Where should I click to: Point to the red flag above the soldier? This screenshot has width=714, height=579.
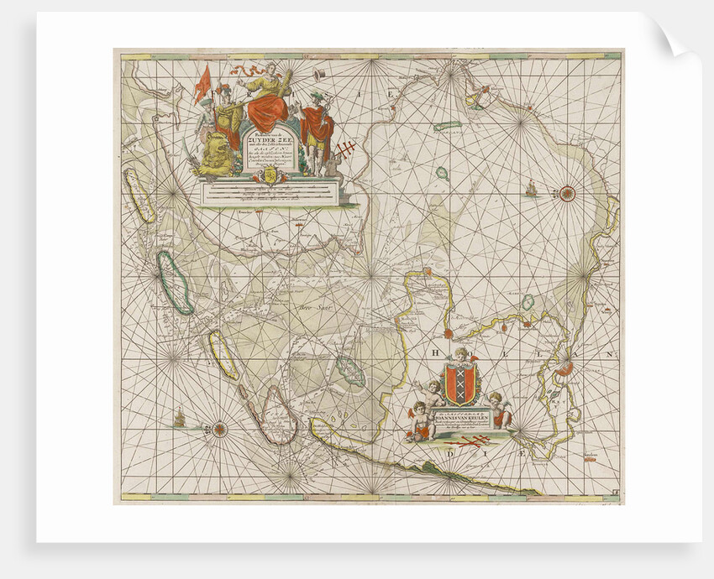[x=202, y=84]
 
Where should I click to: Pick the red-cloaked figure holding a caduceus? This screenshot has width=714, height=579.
[x=317, y=126]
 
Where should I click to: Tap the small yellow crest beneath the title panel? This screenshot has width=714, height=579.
[x=270, y=174]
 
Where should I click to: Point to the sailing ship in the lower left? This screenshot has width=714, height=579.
[x=179, y=416]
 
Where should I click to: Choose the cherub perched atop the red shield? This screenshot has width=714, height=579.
[x=461, y=356]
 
